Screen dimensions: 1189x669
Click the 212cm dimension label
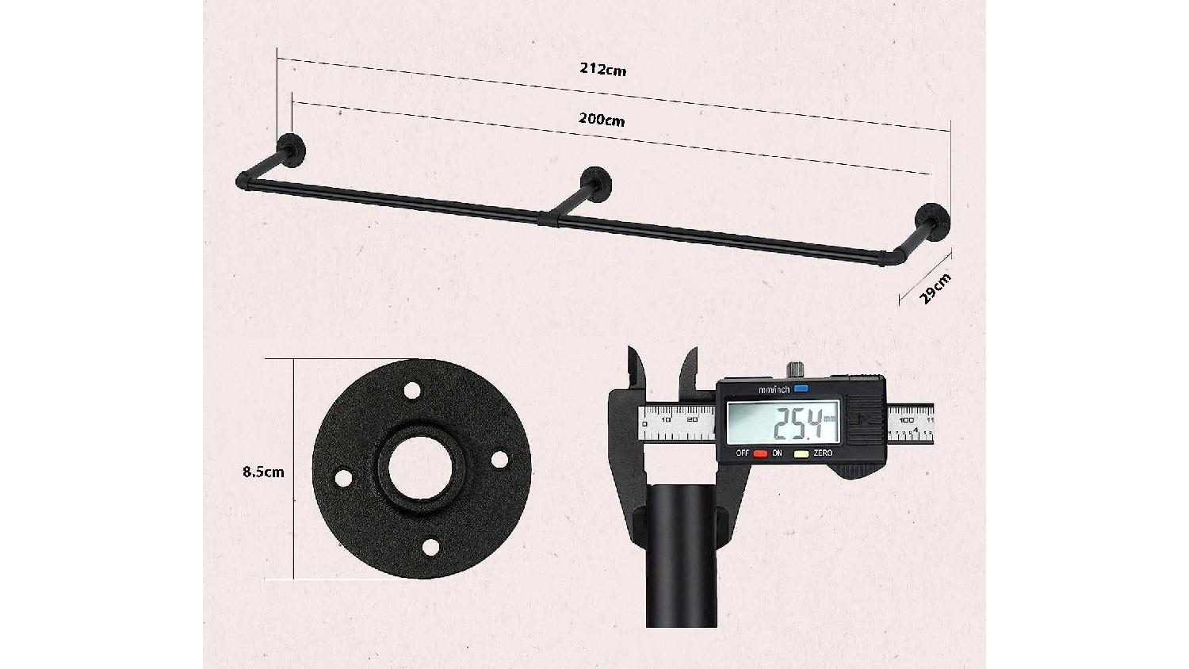(603, 69)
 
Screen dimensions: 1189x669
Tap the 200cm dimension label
(602, 120)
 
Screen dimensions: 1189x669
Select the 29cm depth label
(935, 289)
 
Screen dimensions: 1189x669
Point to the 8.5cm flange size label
(263, 472)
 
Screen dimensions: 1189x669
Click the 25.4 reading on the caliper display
(799, 424)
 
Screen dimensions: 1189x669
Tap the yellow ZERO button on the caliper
(801, 454)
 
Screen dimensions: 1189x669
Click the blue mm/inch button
(801, 388)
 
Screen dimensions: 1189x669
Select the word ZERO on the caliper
(823, 453)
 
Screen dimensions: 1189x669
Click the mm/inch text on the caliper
(774, 390)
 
